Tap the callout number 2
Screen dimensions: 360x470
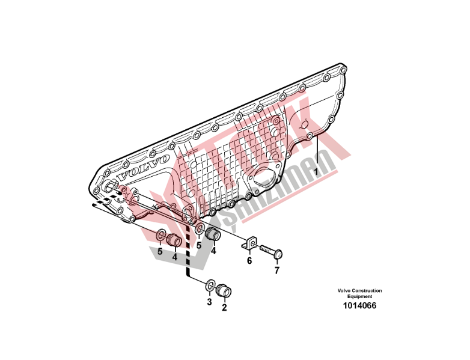tap(224, 308)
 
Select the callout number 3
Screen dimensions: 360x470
tap(209, 302)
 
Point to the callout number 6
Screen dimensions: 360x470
tap(249, 261)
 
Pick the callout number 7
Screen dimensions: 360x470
tap(277, 270)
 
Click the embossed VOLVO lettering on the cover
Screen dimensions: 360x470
tap(143, 168)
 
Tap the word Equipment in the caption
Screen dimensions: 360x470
tap(359, 296)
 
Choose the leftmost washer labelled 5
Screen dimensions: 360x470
tap(162, 235)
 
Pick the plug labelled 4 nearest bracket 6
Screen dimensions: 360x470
tap(212, 233)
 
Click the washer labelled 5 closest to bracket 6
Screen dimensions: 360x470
tap(198, 230)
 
